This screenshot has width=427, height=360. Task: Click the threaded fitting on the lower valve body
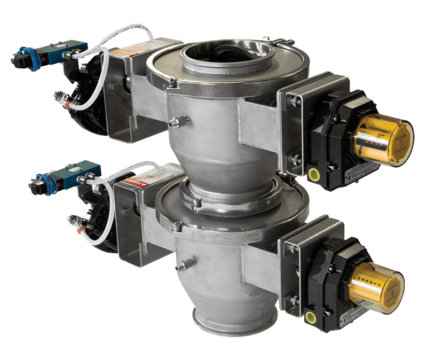(184, 262)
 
